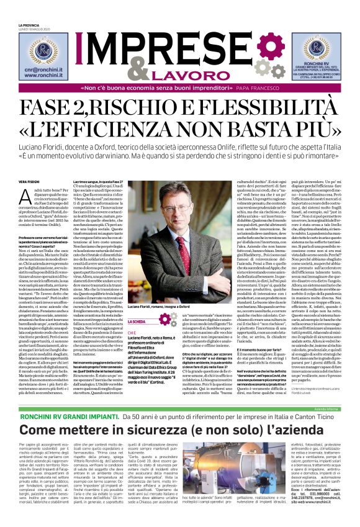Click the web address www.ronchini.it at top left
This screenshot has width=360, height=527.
43,78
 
